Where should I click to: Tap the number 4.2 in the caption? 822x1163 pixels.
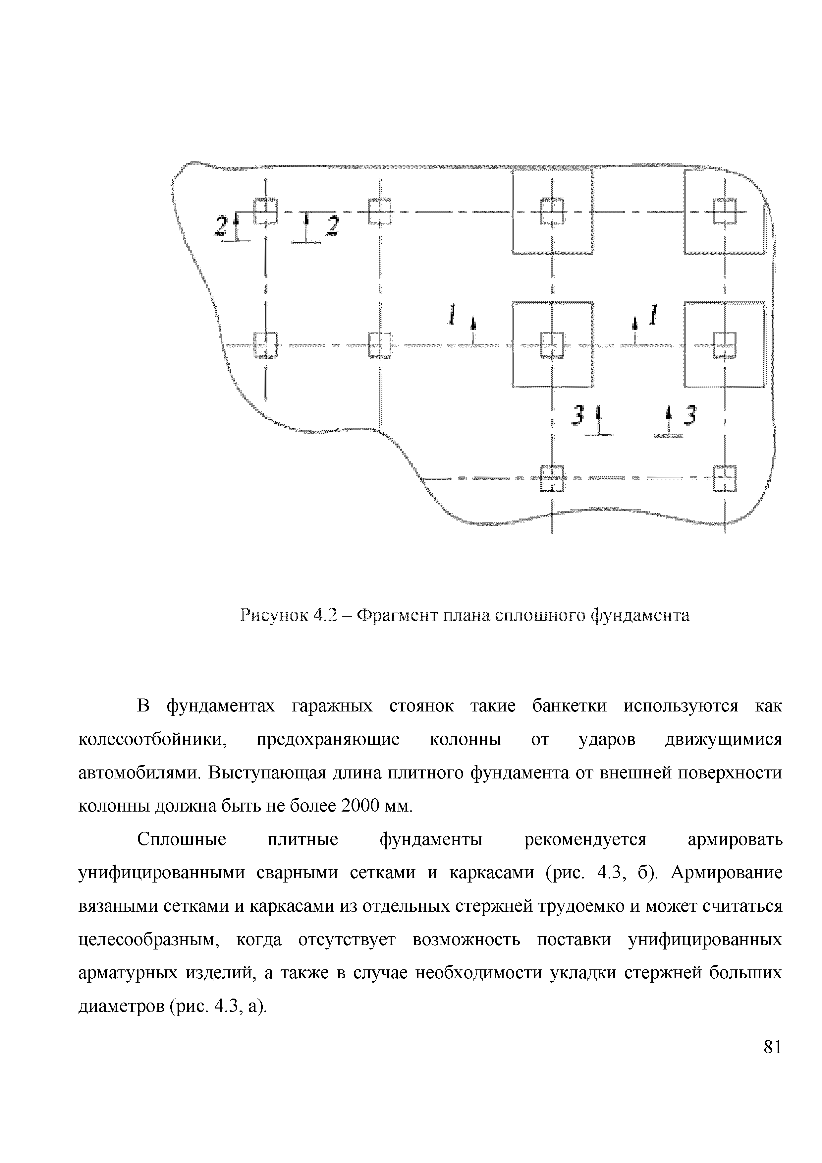(x=325, y=615)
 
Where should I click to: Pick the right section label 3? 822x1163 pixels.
(x=690, y=416)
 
